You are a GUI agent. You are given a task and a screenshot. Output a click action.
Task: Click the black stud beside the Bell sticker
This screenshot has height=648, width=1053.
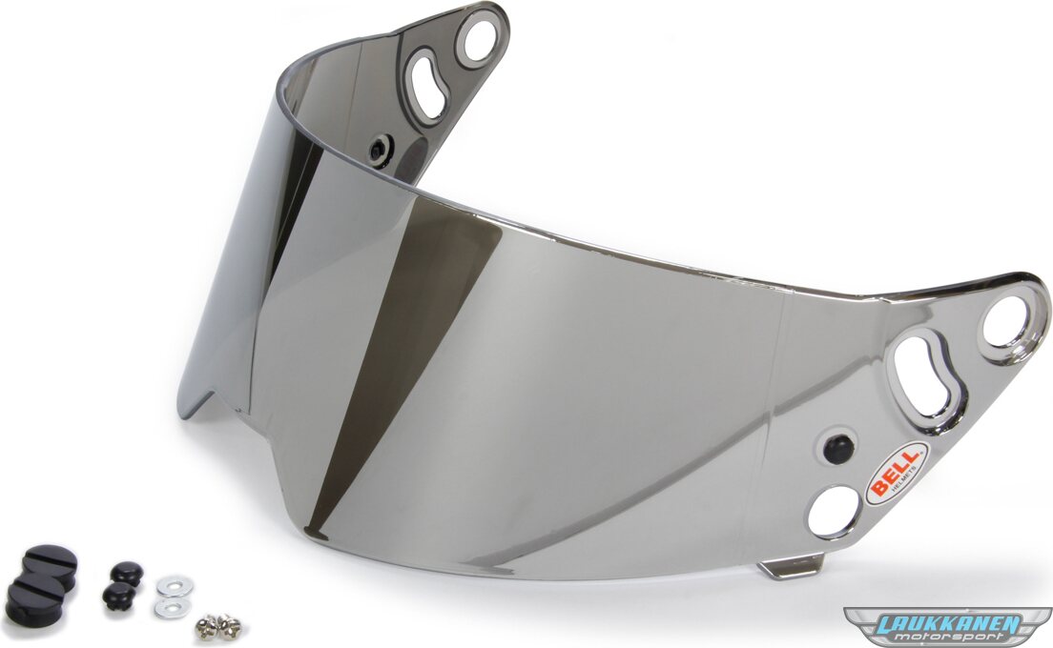tap(838, 448)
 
